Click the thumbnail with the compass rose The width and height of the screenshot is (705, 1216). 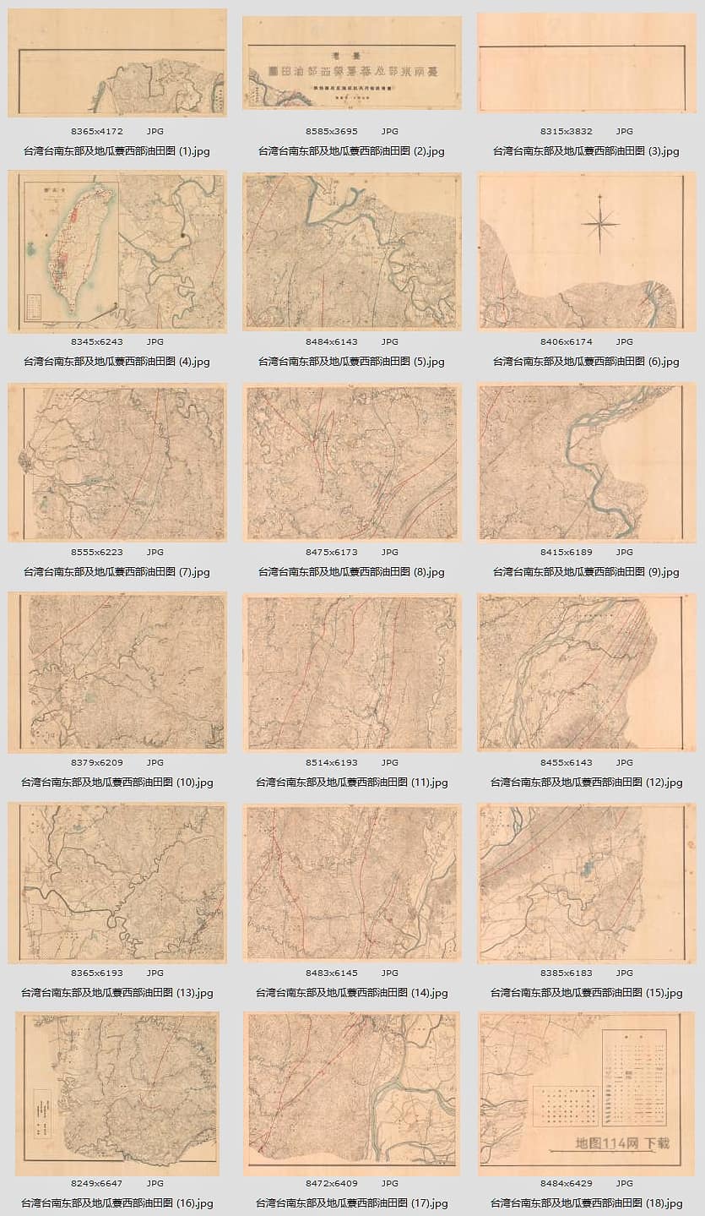point(586,252)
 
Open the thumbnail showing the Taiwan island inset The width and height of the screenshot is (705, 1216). point(117,252)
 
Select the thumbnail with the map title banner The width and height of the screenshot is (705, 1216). point(351,63)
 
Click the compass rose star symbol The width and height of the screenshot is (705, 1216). point(599,223)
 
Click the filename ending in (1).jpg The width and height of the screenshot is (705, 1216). point(117,151)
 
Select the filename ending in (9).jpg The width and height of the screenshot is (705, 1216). point(586,572)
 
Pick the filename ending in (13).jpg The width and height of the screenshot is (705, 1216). point(117,993)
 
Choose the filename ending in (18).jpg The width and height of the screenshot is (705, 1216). point(586,1203)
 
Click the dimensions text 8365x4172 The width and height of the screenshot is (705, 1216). point(97,132)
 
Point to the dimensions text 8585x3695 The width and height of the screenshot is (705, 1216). point(332,132)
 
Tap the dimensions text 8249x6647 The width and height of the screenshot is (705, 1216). point(97,1183)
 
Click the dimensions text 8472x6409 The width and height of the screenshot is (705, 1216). point(332,1183)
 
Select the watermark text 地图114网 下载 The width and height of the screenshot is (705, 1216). point(621,1143)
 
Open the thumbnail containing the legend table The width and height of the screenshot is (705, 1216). point(586,1093)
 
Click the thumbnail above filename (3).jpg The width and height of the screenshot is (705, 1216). point(586,63)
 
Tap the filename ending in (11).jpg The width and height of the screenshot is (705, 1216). point(351,782)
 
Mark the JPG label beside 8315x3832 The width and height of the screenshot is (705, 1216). point(624,132)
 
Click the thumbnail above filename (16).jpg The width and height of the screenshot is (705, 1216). point(117,1093)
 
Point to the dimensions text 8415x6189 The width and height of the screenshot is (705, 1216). point(567,552)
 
